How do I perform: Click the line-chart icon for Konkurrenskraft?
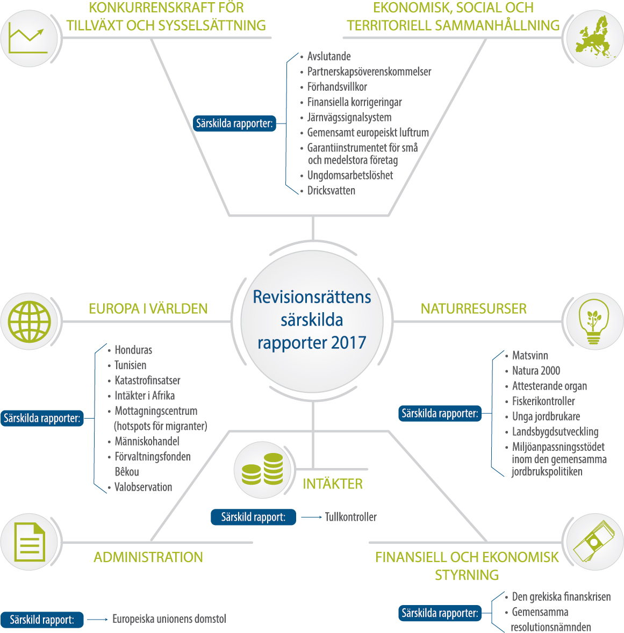pos(27,40)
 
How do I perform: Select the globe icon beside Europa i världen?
pos(30,322)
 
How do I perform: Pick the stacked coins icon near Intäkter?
pos(262,469)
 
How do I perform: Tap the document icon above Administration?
pos(30,542)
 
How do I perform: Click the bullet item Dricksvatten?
pos(331,191)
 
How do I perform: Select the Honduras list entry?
pos(133,350)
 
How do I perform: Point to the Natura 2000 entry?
pos(536,371)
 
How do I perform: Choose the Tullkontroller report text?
pos(350,517)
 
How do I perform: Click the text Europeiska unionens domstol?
pos(169,619)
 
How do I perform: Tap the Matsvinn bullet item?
pos(530,355)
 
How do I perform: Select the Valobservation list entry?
pos(143,487)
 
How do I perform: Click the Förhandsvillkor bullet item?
pos(337,87)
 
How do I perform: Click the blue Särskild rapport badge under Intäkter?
pos(253,517)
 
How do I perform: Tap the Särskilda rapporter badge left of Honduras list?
pos(42,418)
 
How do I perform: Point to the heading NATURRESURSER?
pos(474,309)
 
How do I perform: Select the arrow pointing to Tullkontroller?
pos(311,517)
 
